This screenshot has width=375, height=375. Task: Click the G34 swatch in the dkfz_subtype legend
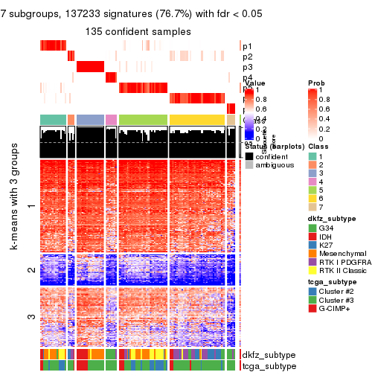click(312, 226)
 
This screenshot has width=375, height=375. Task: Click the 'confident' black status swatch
click(249, 157)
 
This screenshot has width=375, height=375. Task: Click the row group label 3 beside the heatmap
click(31, 297)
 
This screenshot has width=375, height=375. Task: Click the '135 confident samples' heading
click(138, 32)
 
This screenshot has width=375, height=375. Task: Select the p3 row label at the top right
click(247, 67)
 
